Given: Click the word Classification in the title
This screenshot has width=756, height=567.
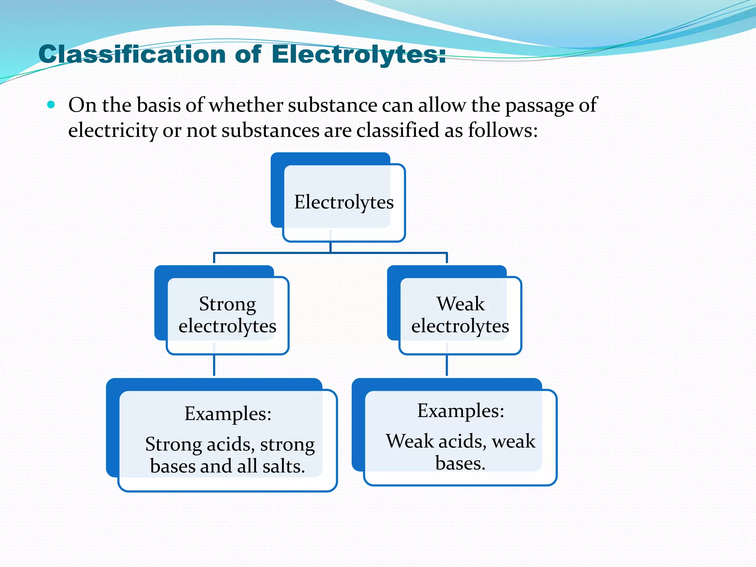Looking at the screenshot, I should pyautogui.click(x=132, y=55).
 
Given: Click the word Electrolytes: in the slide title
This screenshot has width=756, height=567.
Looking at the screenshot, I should pyautogui.click(x=358, y=55).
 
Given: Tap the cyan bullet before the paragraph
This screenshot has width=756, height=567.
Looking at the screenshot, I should pyautogui.click(x=51, y=105).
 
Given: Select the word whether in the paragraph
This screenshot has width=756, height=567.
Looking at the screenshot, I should pyautogui.click(x=246, y=105).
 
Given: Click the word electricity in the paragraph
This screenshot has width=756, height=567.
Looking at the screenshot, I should pyautogui.click(x=113, y=130).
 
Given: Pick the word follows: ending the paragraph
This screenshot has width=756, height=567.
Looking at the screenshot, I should pyautogui.click(x=503, y=130).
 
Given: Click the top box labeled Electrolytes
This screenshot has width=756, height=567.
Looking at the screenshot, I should pyautogui.click(x=343, y=202).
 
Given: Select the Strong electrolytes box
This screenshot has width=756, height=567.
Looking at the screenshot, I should pyautogui.click(x=227, y=315).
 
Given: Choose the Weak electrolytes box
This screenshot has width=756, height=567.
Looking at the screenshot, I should pyautogui.click(x=460, y=315).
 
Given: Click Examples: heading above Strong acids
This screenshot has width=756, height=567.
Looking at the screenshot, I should pyautogui.click(x=228, y=413).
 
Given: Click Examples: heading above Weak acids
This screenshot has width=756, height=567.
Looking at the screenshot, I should pyautogui.click(x=460, y=410).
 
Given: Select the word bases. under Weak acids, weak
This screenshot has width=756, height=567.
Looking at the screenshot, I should pyautogui.click(x=460, y=463).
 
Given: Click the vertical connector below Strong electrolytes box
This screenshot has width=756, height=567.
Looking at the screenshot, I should pyautogui.click(x=214, y=365).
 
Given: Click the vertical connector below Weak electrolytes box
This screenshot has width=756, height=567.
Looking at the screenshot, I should pyautogui.click(x=447, y=365).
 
